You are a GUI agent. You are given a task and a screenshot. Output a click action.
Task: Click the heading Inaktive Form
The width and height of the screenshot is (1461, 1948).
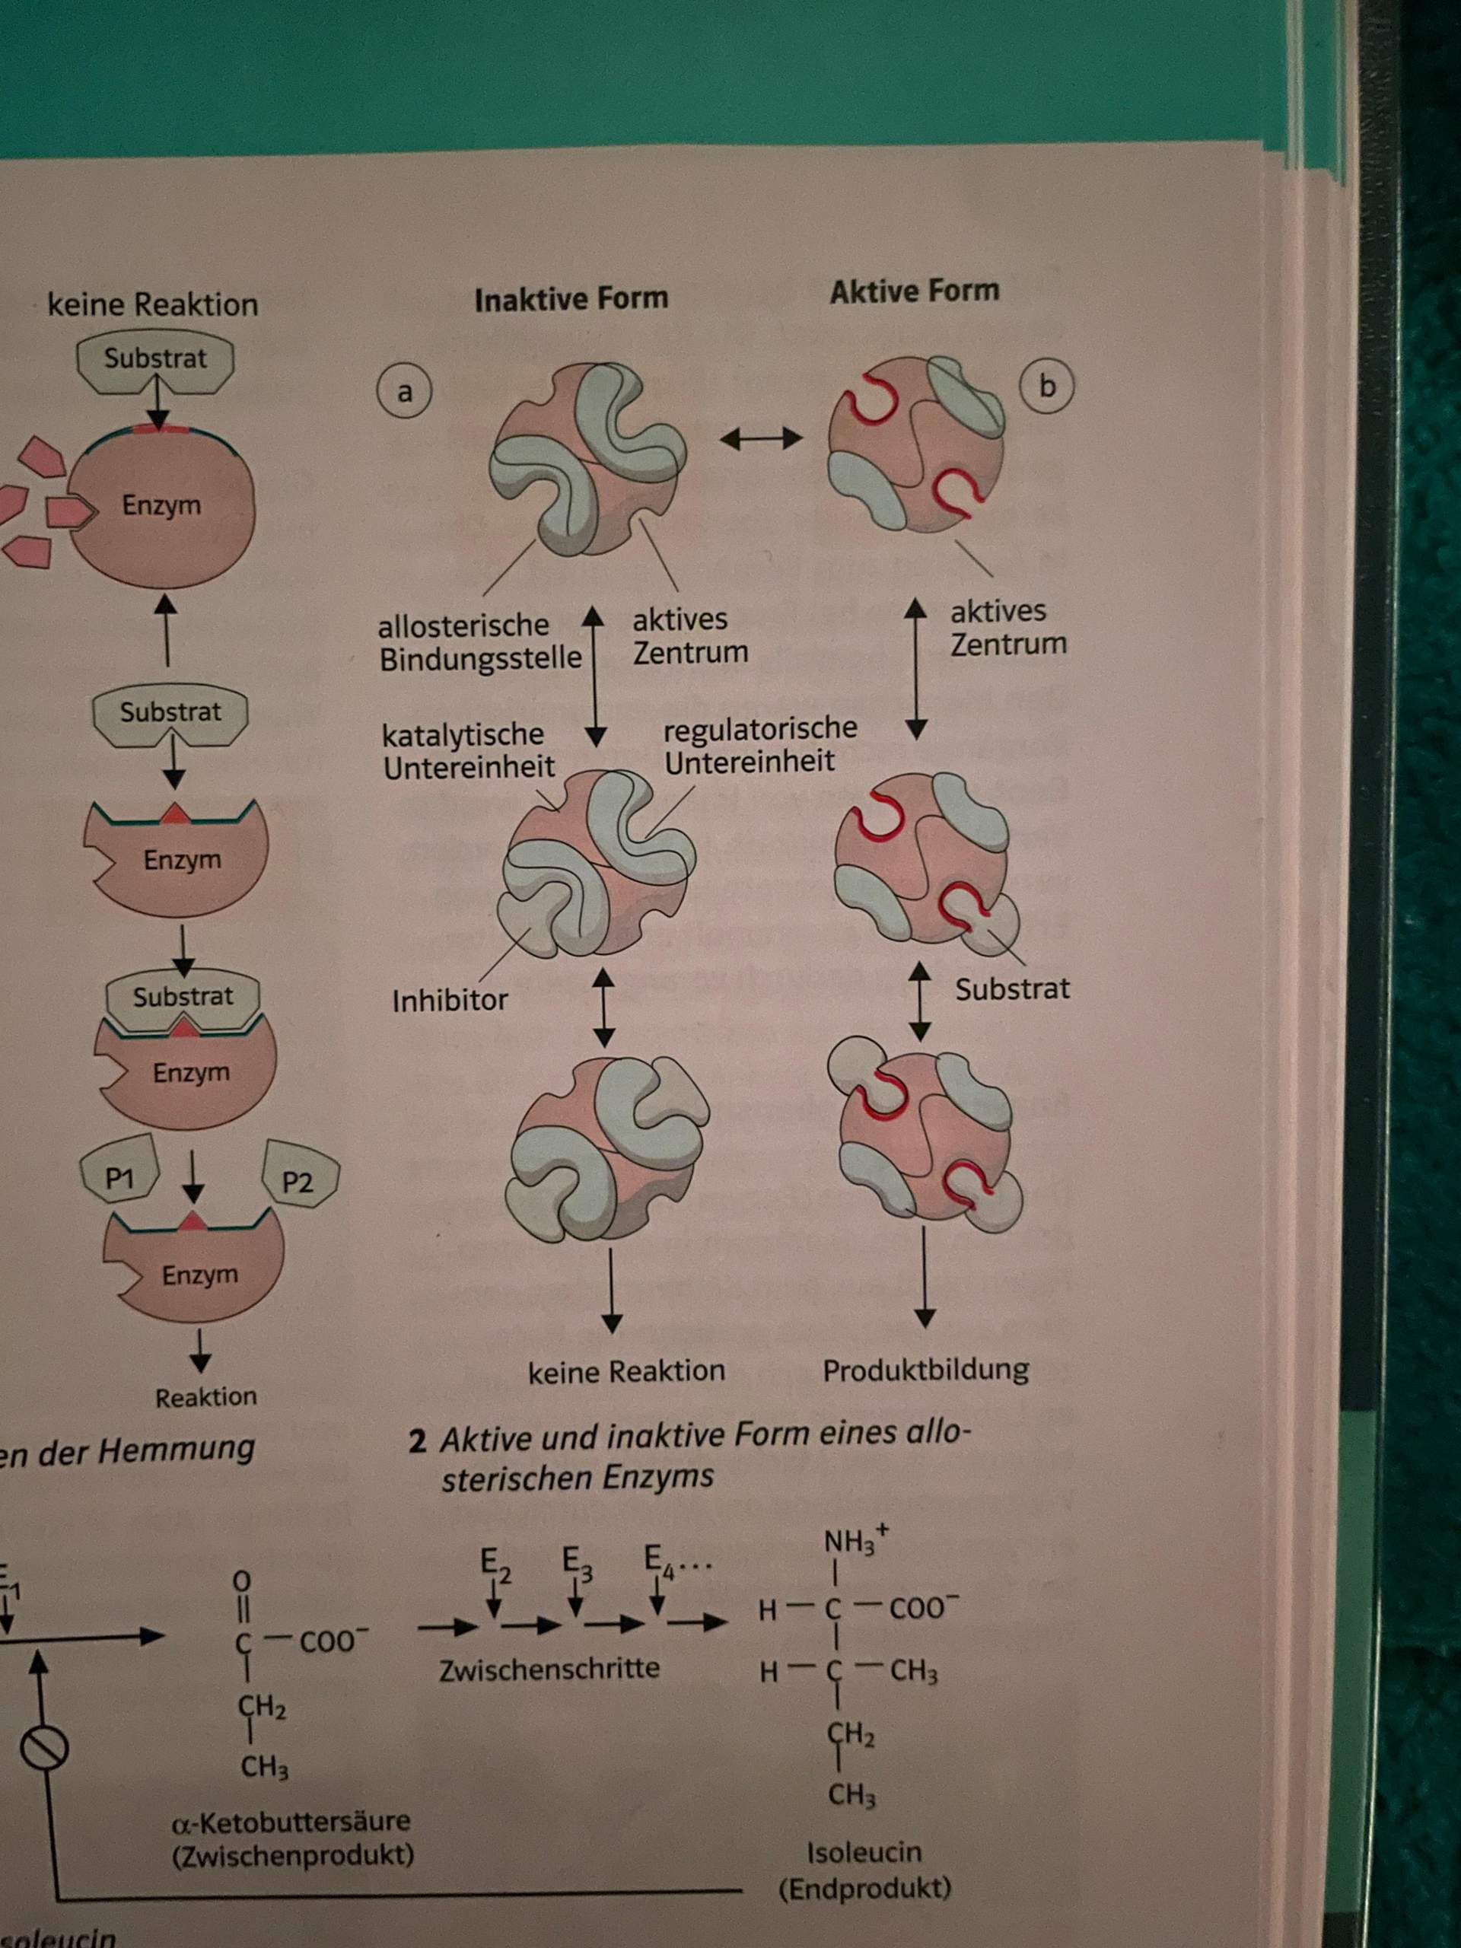pos(571,299)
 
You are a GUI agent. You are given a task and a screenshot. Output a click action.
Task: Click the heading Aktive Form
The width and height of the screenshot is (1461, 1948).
pos(914,291)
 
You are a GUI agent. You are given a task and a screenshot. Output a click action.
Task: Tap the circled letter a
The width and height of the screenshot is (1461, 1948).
pos(404,392)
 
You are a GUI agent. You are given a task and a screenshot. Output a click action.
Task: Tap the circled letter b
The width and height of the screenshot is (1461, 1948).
pos(1046,387)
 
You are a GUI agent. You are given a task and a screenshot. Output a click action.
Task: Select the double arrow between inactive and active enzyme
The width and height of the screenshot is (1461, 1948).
pos(761,438)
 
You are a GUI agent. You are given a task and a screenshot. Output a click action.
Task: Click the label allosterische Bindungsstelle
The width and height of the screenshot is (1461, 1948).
pos(479,642)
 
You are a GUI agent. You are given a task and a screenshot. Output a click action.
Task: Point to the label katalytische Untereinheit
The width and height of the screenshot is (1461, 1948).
pos(468,750)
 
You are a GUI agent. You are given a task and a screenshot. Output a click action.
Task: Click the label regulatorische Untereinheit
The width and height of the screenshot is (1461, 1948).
pos(759,745)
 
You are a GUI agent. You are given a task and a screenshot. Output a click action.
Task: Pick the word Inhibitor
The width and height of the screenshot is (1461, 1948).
pos(450,1001)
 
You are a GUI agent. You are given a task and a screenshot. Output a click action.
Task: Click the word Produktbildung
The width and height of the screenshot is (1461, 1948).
pos(925,1370)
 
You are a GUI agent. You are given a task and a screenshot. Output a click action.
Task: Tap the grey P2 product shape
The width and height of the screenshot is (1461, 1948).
pos(299,1182)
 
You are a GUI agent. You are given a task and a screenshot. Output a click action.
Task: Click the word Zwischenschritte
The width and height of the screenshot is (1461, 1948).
pos(549,1668)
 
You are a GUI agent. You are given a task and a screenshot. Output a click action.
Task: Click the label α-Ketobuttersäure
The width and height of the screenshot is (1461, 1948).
pos(291,1821)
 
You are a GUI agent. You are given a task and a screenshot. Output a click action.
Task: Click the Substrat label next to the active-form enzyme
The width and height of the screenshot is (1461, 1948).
pos(1012,989)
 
